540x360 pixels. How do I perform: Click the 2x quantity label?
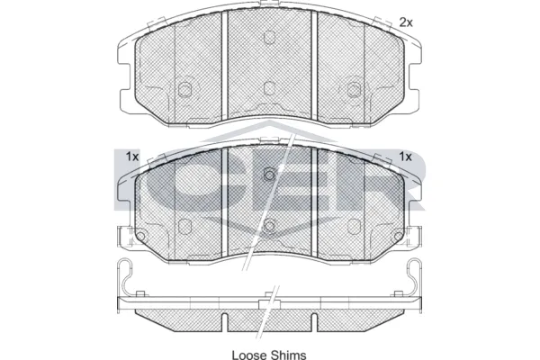click(x=406, y=22)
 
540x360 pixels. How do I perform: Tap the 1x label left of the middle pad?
click(x=132, y=157)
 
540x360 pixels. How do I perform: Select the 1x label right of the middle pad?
click(x=405, y=157)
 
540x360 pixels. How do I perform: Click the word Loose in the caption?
click(x=249, y=355)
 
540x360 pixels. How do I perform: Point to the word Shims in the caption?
click(x=289, y=355)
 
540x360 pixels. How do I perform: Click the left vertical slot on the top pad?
click(x=225, y=66)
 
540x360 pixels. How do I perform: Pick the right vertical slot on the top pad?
click(x=314, y=66)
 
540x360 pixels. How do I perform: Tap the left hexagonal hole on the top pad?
click(x=184, y=90)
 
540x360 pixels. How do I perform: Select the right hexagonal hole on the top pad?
click(x=354, y=90)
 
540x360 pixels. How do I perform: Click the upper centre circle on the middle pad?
click(x=269, y=175)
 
